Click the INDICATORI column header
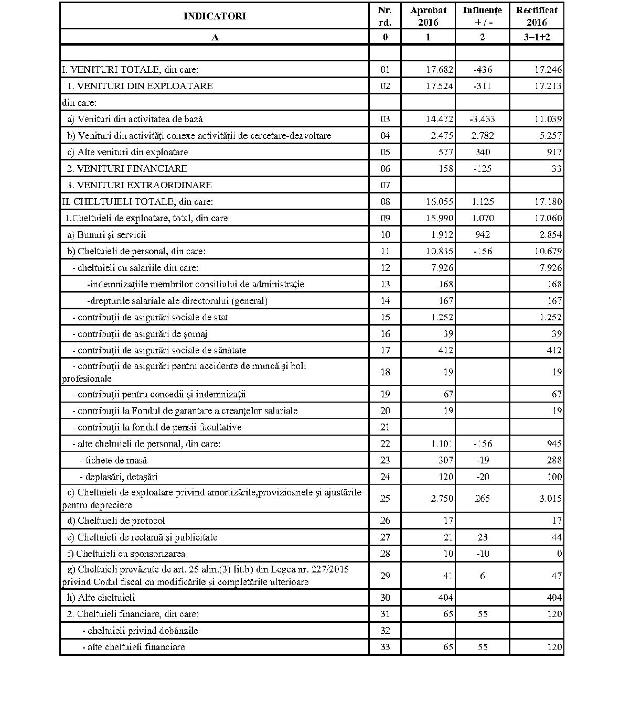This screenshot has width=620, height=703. click(214, 16)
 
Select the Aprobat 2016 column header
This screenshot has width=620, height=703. click(428, 16)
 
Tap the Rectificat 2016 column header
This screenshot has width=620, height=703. click(537, 16)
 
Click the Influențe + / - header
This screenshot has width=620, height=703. click(482, 16)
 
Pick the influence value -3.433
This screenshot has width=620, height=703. click(482, 119)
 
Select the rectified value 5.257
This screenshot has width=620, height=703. click(548, 136)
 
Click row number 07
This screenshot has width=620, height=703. click(385, 185)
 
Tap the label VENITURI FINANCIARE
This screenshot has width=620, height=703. click(127, 169)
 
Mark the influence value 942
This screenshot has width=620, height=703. click(482, 235)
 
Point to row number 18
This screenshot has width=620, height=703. click(385, 372)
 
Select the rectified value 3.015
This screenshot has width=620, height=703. click(548, 498)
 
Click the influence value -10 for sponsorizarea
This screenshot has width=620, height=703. click(482, 554)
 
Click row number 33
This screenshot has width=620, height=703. click(385, 647)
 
